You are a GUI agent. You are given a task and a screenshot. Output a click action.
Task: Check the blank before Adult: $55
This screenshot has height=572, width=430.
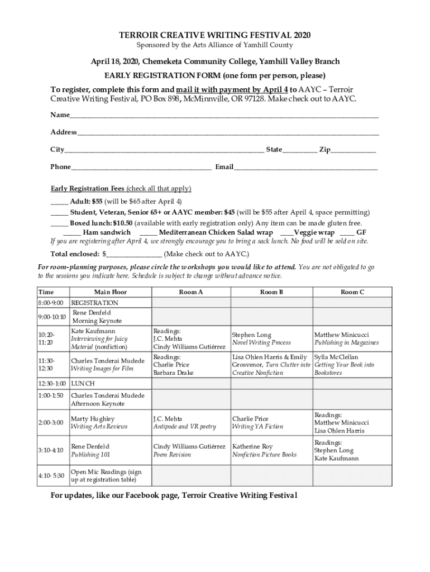pos(59,202)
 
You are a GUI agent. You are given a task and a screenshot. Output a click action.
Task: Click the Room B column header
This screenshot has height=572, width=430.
pos(271,292)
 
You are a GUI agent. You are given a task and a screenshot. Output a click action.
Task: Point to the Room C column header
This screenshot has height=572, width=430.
pos(352,292)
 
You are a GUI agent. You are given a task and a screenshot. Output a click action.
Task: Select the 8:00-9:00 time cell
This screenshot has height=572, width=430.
pos(51,303)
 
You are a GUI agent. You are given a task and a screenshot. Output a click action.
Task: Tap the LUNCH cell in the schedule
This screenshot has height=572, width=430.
pos(83,384)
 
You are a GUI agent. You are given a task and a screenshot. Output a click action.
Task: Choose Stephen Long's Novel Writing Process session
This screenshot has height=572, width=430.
pos(261,339)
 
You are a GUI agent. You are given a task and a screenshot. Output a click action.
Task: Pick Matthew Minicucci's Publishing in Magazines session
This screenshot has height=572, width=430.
pos(346,339)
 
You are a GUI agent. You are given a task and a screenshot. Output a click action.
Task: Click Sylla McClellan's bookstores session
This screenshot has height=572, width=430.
pos(344,365)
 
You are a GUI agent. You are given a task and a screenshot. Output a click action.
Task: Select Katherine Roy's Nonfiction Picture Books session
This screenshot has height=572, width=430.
pos(264,450)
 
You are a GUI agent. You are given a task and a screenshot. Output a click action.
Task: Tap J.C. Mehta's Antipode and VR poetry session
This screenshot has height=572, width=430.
pos(184,423)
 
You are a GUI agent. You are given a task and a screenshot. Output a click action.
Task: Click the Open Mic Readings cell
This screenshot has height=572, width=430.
pos(106,476)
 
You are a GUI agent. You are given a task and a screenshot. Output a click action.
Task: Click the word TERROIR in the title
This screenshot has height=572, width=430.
pos(138,35)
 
